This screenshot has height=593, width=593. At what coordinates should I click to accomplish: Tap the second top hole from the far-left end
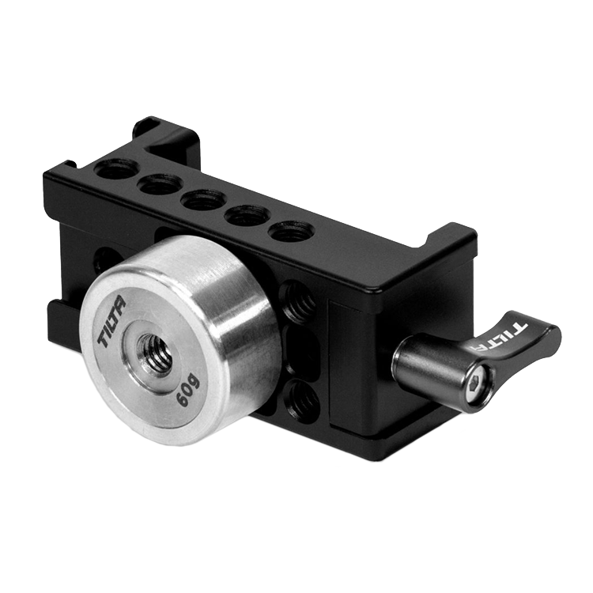click(x=157, y=183)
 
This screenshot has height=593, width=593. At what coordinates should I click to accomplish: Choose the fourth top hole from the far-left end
click(x=246, y=216)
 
